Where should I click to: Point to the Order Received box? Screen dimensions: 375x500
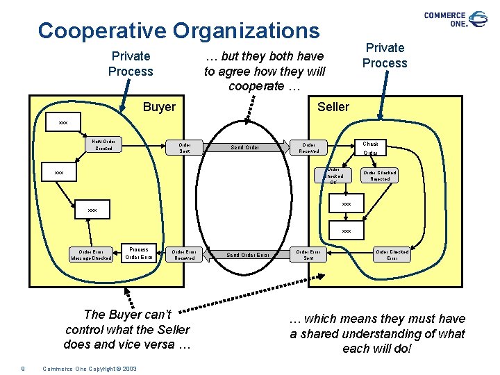(x=308, y=147)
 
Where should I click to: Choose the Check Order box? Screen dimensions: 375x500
(x=370, y=148)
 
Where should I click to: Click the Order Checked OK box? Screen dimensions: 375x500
(x=333, y=176)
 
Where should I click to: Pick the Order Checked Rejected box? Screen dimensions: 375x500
(x=380, y=176)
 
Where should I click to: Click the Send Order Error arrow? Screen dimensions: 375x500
(x=249, y=255)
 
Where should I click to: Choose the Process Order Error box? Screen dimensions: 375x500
(x=138, y=253)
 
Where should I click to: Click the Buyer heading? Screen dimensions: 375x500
(x=159, y=107)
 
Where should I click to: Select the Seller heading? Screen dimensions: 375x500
(x=333, y=106)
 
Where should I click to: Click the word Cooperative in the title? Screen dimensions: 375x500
(x=102, y=31)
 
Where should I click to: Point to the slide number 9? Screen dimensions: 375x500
(x=23, y=368)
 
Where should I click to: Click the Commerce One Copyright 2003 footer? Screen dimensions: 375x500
(x=90, y=368)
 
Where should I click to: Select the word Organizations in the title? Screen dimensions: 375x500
(x=247, y=31)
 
